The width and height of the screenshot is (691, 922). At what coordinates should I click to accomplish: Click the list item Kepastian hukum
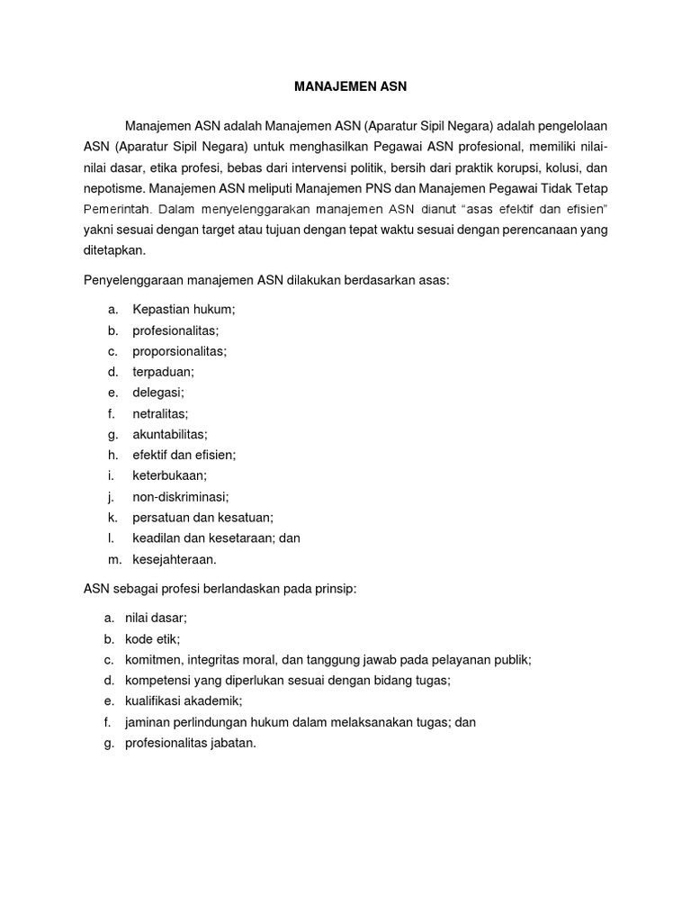184,309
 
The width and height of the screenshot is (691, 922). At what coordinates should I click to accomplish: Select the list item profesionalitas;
175,330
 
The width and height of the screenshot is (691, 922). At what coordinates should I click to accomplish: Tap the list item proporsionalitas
179,351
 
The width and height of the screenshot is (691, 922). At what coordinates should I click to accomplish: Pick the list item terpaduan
163,372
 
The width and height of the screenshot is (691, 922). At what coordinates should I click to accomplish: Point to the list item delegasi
158,393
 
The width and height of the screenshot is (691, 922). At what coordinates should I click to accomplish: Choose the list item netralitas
160,413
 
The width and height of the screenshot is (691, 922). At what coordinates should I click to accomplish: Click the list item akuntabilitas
169,434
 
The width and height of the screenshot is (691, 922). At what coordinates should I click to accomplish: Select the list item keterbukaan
169,475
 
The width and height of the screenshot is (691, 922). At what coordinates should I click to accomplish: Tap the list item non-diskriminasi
180,496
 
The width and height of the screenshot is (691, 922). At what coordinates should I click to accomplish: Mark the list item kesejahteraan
175,559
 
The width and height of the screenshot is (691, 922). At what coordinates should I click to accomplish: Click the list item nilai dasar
156,618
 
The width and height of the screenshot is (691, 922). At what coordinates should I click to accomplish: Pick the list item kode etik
152,639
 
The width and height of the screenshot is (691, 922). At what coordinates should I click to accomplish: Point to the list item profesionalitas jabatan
191,743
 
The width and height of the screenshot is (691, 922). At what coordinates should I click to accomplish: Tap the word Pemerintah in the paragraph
120,210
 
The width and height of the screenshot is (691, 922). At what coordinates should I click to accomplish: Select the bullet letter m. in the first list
113,559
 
